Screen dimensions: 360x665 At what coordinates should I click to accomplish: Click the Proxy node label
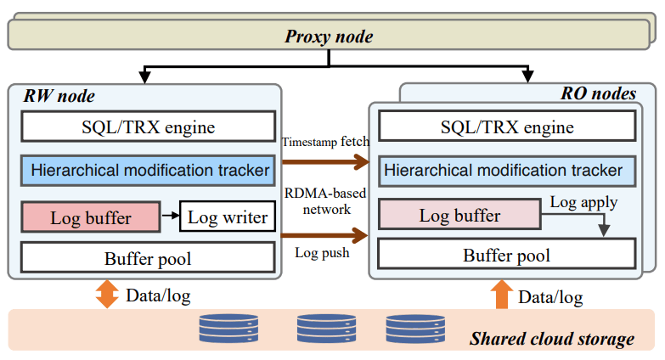coord(328,37)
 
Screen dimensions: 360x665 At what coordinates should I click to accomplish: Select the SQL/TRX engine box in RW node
coord(148,127)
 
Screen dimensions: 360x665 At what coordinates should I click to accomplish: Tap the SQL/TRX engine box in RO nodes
coord(507,127)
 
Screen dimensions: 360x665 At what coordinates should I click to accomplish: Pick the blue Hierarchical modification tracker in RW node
coord(148,170)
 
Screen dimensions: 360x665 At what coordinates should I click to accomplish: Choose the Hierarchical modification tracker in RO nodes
coord(507,170)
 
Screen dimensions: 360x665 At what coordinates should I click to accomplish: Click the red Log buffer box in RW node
coord(90,217)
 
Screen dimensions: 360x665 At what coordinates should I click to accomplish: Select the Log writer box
coord(228,217)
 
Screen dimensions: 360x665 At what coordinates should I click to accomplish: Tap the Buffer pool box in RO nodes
coord(507,255)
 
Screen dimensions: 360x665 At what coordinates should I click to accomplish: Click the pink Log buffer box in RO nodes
coord(459,216)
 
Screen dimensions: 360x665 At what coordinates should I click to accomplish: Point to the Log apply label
coord(584,202)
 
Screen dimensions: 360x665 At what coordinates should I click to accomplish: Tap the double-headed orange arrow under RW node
coord(107,295)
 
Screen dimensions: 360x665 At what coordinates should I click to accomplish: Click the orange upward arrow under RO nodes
coord(501,295)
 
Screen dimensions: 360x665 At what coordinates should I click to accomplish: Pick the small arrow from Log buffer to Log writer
coord(170,217)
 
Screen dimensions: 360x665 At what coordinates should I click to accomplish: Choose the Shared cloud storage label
coord(552,339)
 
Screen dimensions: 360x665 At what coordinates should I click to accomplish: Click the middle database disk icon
coord(326,328)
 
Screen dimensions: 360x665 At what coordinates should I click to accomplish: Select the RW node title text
coord(59,96)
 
